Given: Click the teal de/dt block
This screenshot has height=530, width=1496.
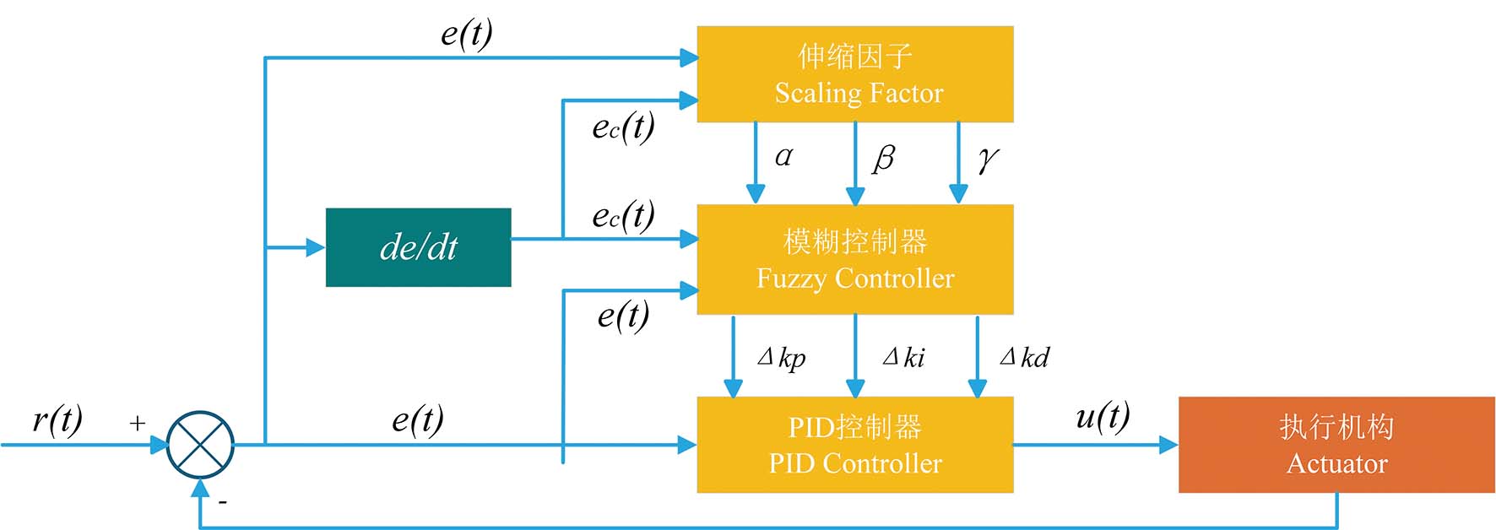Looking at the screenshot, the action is click(418, 247).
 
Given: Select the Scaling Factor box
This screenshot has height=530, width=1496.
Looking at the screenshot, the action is click(854, 74).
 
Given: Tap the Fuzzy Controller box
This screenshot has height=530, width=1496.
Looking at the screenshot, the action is click(854, 260).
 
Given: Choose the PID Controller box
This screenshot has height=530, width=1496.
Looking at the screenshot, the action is click(854, 445).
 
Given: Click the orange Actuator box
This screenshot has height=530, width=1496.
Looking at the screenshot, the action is click(1336, 445).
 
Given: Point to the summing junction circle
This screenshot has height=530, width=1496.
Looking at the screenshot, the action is click(200, 445).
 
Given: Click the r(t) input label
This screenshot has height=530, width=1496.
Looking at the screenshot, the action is click(57, 419).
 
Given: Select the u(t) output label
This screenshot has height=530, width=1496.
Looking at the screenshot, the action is click(1103, 416).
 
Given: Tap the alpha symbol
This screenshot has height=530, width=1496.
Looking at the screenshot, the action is click(783, 156).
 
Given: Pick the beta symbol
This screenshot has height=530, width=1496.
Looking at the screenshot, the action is click(883, 158).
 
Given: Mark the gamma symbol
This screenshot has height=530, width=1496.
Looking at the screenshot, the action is click(988, 160).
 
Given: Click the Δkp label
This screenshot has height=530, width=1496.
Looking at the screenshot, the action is click(782, 358).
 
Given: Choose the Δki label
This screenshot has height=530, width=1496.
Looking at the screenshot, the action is click(903, 357).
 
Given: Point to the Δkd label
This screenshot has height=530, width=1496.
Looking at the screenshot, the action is click(1024, 357).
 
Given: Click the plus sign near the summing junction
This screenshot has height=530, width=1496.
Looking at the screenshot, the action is click(138, 423).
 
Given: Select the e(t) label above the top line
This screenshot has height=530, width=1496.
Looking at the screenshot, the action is click(467, 35).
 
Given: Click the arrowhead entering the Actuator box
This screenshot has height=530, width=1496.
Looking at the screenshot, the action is click(1168, 445).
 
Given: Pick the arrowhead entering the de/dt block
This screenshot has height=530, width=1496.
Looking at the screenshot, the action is click(316, 247).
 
